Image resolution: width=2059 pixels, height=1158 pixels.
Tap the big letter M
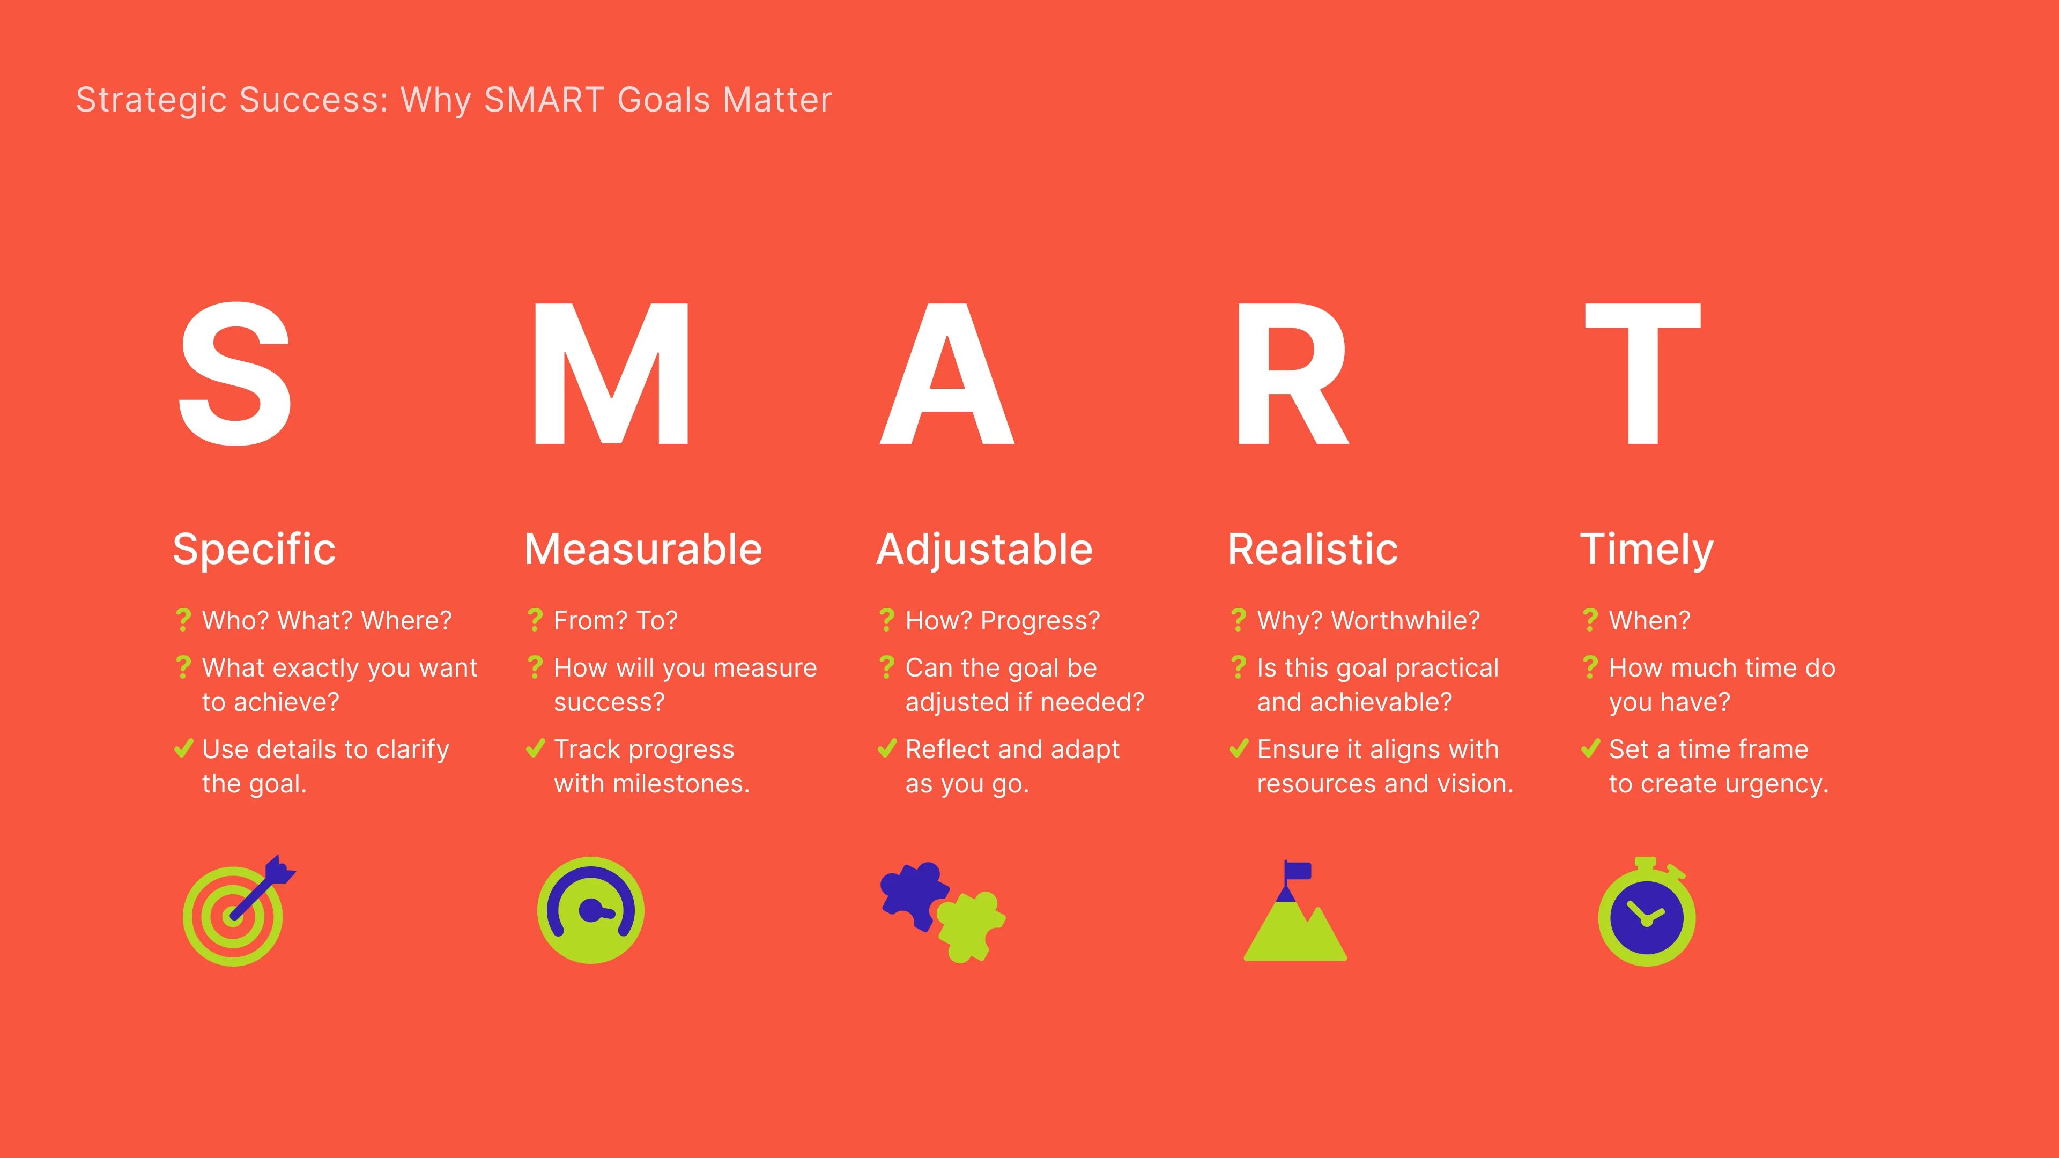611,374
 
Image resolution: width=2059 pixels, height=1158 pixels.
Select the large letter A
947,374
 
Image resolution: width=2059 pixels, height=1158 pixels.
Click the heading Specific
254,550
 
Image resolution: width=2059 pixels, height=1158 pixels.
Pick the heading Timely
1647,550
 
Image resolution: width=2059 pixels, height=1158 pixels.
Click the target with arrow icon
238,911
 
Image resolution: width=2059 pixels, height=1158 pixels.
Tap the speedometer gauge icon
591,910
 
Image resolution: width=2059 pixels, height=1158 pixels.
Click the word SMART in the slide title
544,100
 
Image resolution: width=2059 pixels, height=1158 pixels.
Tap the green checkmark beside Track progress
535,749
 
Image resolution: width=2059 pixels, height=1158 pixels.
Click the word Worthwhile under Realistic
1405,620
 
